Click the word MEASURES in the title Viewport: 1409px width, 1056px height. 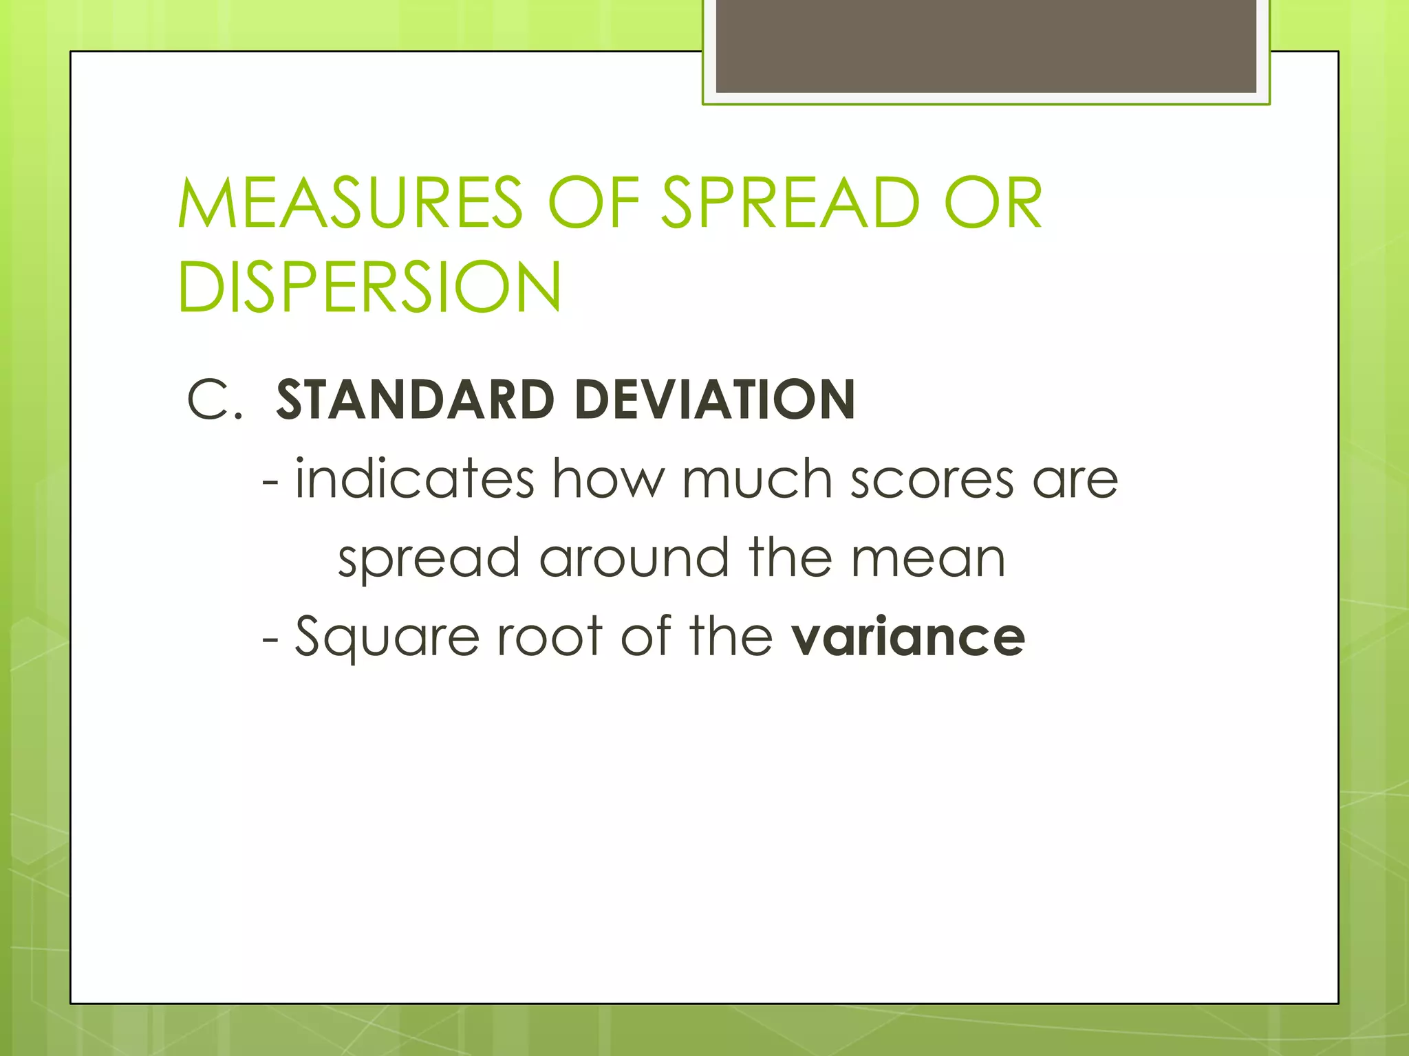(x=350, y=203)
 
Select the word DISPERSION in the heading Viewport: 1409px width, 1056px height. (x=369, y=287)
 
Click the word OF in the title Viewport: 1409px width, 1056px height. (x=594, y=203)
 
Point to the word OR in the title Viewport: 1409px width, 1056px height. (x=993, y=203)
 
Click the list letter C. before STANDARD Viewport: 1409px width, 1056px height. (x=215, y=400)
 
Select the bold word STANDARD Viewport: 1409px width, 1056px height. (x=415, y=400)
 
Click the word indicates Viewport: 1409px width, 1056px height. (x=415, y=478)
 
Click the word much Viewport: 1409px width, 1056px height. (x=757, y=478)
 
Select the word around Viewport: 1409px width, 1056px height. (x=634, y=558)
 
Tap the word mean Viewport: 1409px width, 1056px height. (x=928, y=558)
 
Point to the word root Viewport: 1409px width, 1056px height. (x=550, y=637)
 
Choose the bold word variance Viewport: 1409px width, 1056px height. (x=908, y=637)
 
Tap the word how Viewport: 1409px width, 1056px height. (x=609, y=478)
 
